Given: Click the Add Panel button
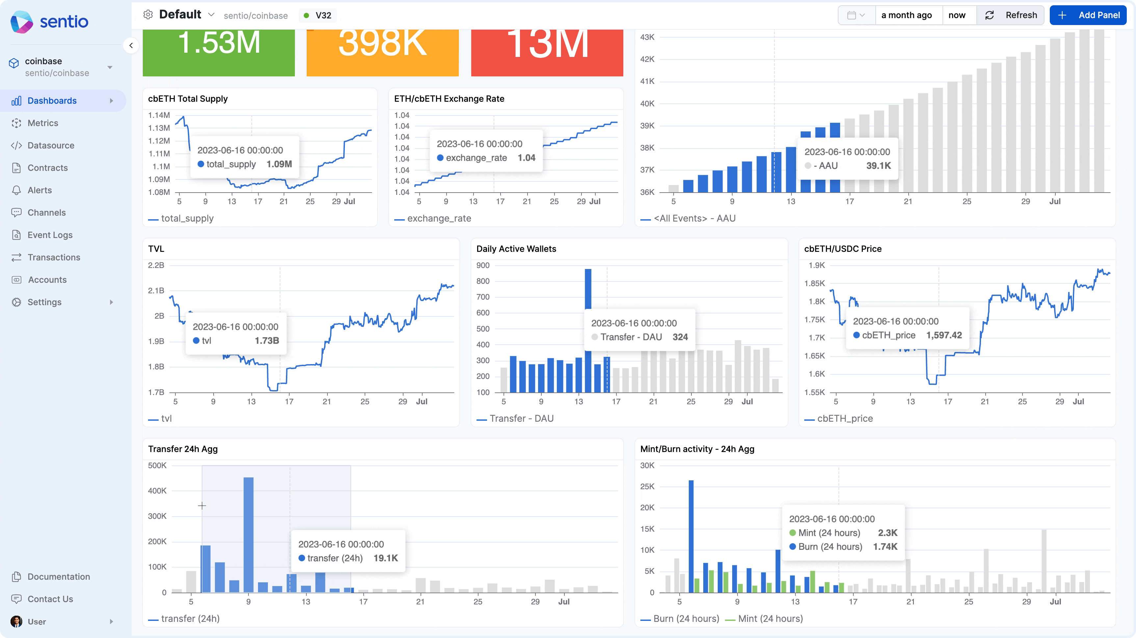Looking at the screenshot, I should [1088, 15].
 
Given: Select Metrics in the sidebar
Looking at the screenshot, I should [43, 123].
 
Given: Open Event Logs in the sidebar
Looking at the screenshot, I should [50, 235].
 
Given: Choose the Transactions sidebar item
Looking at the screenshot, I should [54, 257].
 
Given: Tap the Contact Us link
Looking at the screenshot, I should [50, 599].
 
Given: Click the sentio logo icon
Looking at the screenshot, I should [21, 22].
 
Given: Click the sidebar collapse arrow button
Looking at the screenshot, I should [131, 45].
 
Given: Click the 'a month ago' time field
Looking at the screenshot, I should [906, 15].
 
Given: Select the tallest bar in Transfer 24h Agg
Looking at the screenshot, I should [248, 534].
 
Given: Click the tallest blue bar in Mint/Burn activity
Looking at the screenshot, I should [691, 534].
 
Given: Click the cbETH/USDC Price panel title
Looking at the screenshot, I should [842, 249].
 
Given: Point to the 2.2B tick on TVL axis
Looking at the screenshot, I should [156, 265].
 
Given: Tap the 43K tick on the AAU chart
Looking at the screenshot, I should [647, 37].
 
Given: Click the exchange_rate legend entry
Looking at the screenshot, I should [439, 218].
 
